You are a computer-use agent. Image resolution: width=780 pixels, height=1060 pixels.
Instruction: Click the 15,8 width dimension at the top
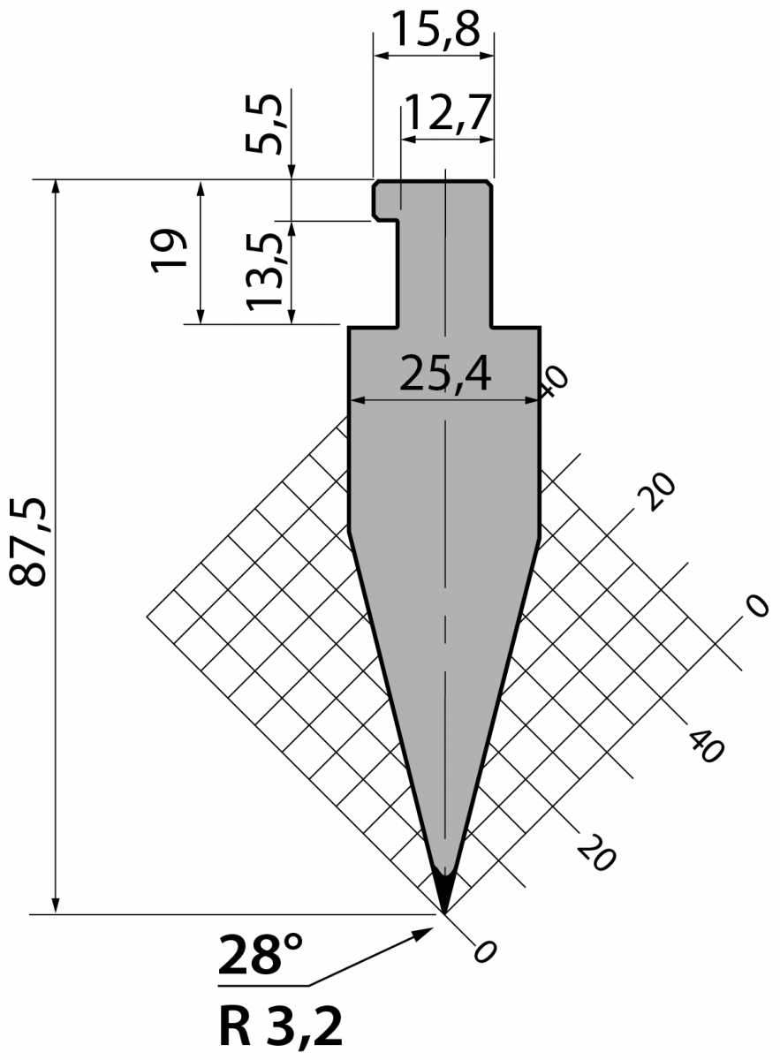[435, 29]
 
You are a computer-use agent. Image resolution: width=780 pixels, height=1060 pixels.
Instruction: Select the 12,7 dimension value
[446, 115]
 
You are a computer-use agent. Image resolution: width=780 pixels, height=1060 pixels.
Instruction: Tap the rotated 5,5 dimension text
[263, 124]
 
